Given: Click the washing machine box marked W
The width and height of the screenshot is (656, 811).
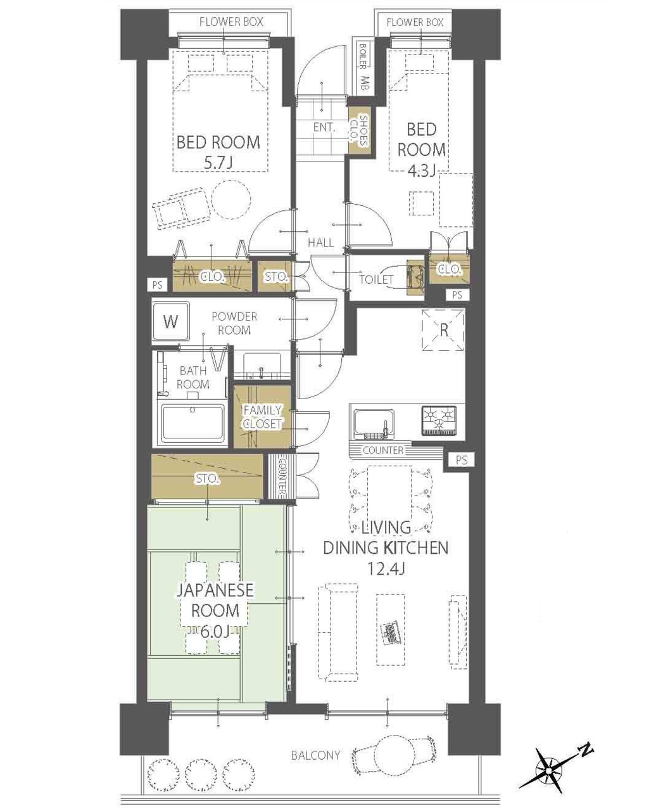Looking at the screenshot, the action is [171, 321].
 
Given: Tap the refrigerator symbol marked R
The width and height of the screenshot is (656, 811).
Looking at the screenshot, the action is [443, 329].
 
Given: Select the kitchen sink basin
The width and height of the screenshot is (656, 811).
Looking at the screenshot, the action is [374, 423].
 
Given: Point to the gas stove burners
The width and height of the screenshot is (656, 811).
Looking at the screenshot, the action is [439, 420].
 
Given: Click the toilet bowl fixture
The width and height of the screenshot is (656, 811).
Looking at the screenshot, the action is [415, 278].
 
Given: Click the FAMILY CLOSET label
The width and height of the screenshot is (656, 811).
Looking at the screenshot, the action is [263, 416].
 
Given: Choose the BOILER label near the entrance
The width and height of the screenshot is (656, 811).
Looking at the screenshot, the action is [363, 56].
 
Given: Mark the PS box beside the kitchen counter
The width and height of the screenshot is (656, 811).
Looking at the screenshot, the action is [461, 459].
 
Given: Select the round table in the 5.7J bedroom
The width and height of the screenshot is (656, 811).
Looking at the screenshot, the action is [231, 199].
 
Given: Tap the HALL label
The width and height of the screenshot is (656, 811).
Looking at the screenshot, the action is [321, 242].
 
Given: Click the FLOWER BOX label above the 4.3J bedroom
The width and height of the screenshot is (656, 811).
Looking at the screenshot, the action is [415, 22].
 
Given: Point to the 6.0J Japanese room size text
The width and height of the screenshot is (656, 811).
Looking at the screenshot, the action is [214, 632].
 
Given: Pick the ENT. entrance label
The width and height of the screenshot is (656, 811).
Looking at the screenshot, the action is [324, 127].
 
